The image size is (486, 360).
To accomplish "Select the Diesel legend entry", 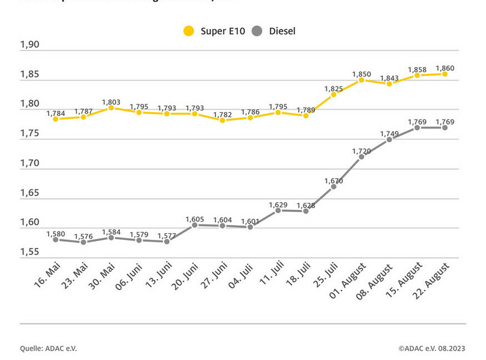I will (274, 31).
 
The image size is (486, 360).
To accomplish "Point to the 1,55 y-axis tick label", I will (29, 252).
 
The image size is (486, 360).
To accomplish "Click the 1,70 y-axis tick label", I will (29, 163).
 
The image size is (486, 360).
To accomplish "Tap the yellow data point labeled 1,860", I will (445, 74).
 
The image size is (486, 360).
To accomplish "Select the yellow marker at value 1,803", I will (111, 108).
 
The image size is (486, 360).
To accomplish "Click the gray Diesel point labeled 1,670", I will (334, 187).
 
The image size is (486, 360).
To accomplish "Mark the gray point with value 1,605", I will (194, 225).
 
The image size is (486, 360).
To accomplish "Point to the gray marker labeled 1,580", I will (55, 239).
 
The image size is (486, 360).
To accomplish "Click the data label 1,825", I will (334, 88).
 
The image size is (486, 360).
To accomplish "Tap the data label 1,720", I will (361, 151).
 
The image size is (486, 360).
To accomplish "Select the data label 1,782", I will (222, 115).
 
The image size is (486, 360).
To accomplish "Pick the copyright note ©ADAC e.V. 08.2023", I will (431, 347).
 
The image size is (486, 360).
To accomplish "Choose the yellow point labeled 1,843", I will (389, 84).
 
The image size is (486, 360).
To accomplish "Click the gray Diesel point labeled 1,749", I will (389, 139).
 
